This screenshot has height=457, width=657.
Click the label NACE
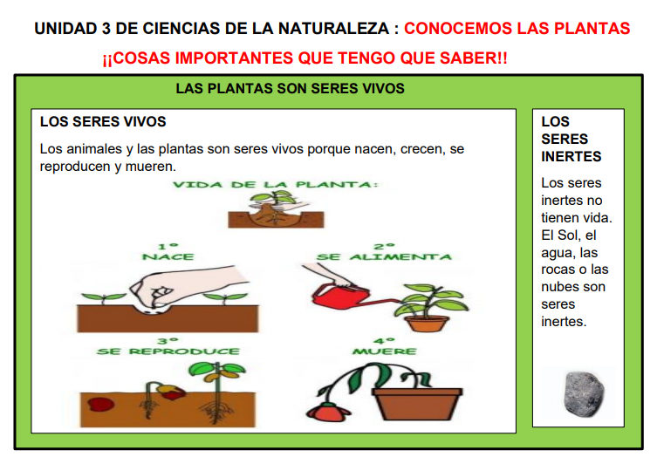pyautogui.click(x=168, y=257)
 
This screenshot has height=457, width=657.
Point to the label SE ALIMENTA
pyautogui.click(x=385, y=257)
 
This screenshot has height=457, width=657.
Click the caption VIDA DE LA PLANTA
pyautogui.click(x=275, y=185)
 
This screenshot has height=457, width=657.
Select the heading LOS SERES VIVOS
pyautogui.click(x=103, y=122)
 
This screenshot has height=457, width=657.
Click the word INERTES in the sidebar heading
pyautogui.click(x=571, y=157)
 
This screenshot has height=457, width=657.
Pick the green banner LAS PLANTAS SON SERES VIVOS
pyautogui.click(x=290, y=89)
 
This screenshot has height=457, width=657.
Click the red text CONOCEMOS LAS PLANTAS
pyautogui.click(x=517, y=29)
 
